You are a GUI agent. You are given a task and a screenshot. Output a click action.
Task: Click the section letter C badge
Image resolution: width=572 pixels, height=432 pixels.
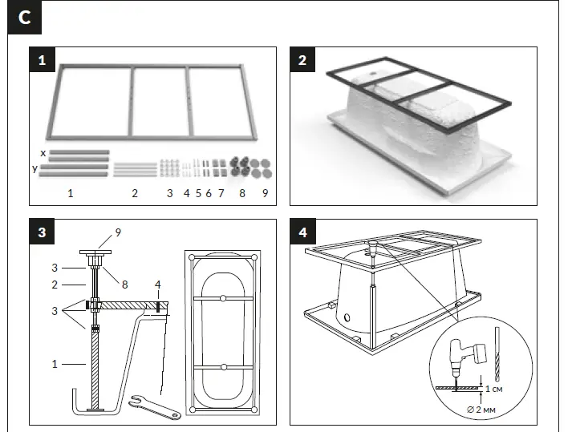tap(24, 18)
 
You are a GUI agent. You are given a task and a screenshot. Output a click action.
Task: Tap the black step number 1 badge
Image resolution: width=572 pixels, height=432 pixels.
tap(41, 60)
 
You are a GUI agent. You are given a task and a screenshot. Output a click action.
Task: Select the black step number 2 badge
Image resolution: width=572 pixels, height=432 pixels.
tap(302, 60)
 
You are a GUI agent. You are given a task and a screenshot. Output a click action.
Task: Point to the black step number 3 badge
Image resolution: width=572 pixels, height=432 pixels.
tap(41, 232)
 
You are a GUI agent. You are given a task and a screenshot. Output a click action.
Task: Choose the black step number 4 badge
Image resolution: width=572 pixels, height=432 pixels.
tap(302, 232)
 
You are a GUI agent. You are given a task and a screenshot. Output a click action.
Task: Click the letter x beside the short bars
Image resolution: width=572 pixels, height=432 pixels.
tap(43, 151)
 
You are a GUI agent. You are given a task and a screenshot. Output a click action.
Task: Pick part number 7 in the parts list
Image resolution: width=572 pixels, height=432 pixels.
tap(221, 193)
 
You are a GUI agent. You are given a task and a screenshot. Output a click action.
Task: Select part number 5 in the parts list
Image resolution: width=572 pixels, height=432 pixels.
tap(197, 193)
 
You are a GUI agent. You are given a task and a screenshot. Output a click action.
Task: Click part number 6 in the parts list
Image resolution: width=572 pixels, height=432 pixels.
tap(209, 193)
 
